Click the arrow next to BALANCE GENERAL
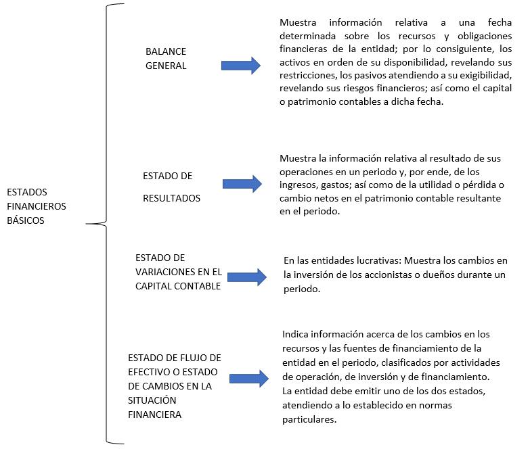(241, 65)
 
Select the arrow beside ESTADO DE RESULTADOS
(242, 184)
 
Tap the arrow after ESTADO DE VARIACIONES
(247, 277)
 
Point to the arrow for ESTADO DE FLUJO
(248, 379)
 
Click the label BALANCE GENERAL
(165, 59)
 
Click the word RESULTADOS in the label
(171, 199)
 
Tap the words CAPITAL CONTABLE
(178, 285)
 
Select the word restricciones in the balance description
(312, 74)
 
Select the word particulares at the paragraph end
(309, 419)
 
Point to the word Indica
(295, 334)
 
